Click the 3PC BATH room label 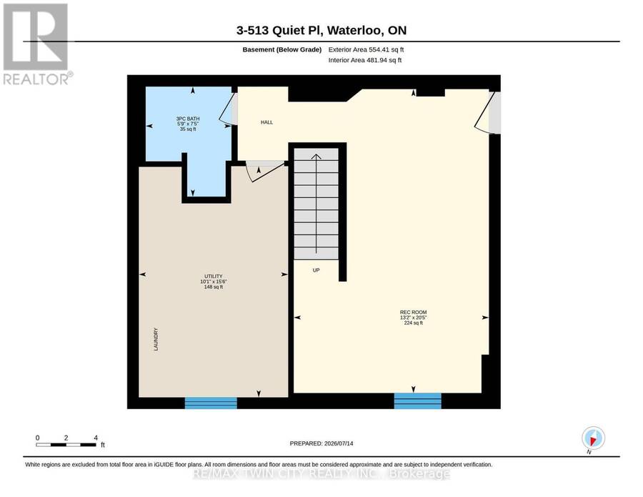pos(188,119)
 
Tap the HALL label pos(266,122)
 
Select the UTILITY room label pos(213,276)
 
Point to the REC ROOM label pos(414,313)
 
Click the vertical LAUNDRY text pos(156,339)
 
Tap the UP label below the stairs pos(316,270)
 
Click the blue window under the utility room pos(211,403)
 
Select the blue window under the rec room pos(417,401)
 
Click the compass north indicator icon pos(593,438)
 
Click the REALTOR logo pos(36,44)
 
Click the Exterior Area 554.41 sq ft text pos(366,49)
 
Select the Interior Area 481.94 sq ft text pos(365,60)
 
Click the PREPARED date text pos(321,443)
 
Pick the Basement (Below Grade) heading pos(281,49)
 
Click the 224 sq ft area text pos(414,323)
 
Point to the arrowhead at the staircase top pos(316,157)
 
